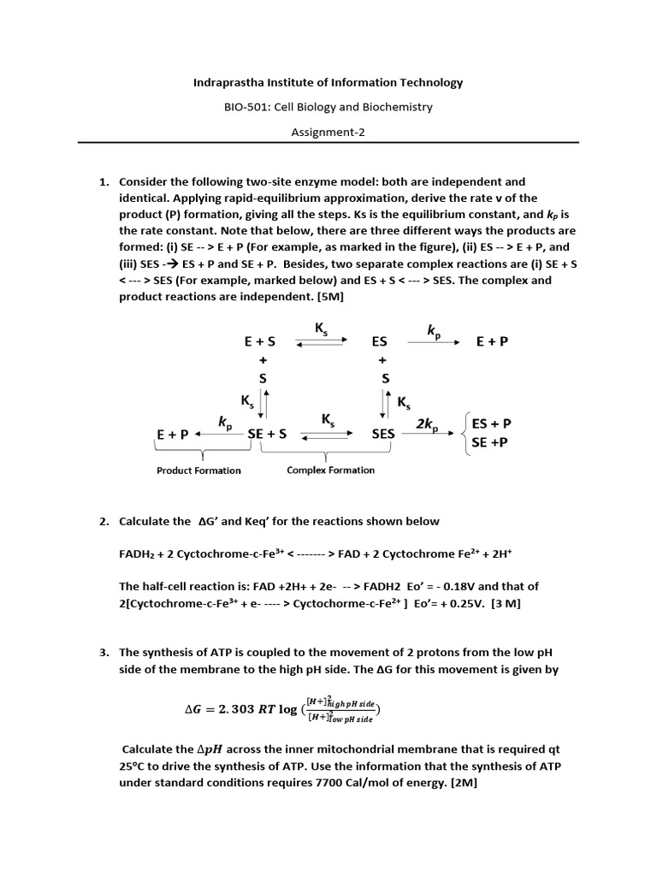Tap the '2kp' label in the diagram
click(x=428, y=424)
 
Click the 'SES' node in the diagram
click(x=383, y=434)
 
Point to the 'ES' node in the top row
click(x=380, y=341)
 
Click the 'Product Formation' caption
click(x=198, y=470)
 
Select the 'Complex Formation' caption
click(x=330, y=470)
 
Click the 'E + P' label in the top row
click(x=492, y=341)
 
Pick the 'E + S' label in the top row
click(x=259, y=341)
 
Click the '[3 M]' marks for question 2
click(x=505, y=603)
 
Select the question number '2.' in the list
click(x=105, y=521)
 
